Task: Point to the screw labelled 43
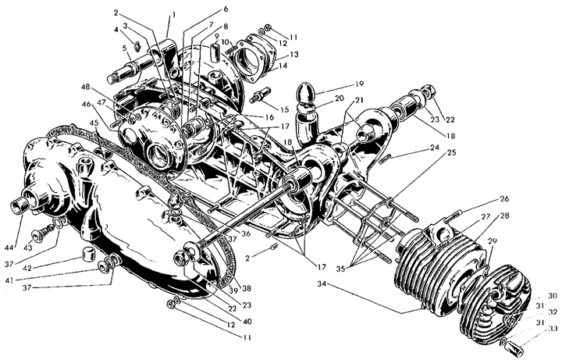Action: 38,233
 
